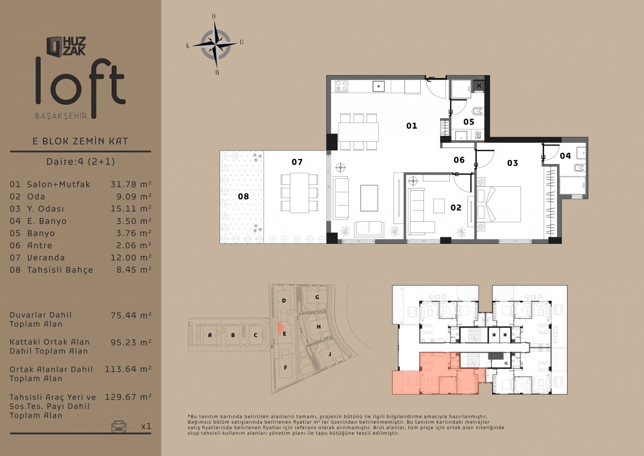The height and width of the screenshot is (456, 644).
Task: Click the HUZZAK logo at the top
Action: click(x=66, y=46)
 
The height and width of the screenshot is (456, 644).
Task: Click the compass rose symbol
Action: click(x=215, y=45)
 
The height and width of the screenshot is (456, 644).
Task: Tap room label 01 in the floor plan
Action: click(x=412, y=126)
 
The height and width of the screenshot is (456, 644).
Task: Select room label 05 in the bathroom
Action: click(x=469, y=122)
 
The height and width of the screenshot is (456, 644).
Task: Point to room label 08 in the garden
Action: click(x=243, y=197)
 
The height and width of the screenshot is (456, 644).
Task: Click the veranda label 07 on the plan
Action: click(x=297, y=162)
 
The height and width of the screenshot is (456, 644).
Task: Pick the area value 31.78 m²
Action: click(x=131, y=184)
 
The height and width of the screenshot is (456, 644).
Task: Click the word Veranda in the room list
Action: click(x=46, y=257)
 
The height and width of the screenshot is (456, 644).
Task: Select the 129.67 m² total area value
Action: click(x=128, y=397)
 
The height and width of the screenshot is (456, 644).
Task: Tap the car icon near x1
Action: click(x=119, y=426)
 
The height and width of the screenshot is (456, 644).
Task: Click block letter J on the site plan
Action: click(x=330, y=354)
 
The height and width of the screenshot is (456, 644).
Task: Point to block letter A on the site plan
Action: click(x=210, y=335)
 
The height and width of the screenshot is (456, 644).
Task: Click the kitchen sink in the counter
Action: click(x=379, y=86)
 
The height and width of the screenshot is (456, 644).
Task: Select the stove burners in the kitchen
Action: click(x=341, y=86)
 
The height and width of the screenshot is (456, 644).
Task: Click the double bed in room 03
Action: click(x=499, y=204)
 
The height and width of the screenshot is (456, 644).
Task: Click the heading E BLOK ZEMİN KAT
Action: click(x=80, y=141)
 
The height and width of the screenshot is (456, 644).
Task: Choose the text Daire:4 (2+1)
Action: click(x=80, y=161)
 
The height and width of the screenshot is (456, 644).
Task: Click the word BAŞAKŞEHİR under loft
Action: click(x=61, y=116)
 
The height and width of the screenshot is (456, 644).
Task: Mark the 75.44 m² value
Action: click(x=131, y=315)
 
